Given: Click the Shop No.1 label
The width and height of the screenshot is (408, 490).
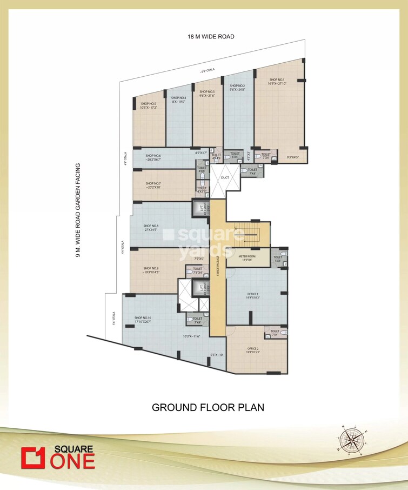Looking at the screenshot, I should tap(277, 80).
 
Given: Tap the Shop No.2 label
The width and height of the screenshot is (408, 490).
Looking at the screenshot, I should tap(237, 85).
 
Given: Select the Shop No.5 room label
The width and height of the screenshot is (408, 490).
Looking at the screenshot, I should tap(148, 104).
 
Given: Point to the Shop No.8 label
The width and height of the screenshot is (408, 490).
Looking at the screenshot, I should tap(151, 226).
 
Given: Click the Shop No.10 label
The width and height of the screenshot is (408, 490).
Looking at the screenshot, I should tap(143, 318).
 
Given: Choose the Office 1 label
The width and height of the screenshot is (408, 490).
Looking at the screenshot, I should tap(253, 294).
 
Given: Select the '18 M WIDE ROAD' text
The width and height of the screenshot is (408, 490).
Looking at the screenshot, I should tap(211, 37).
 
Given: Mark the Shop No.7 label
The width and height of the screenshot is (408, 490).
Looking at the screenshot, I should tap(153, 183).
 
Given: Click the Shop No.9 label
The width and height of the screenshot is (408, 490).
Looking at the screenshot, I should tap(151, 268).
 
